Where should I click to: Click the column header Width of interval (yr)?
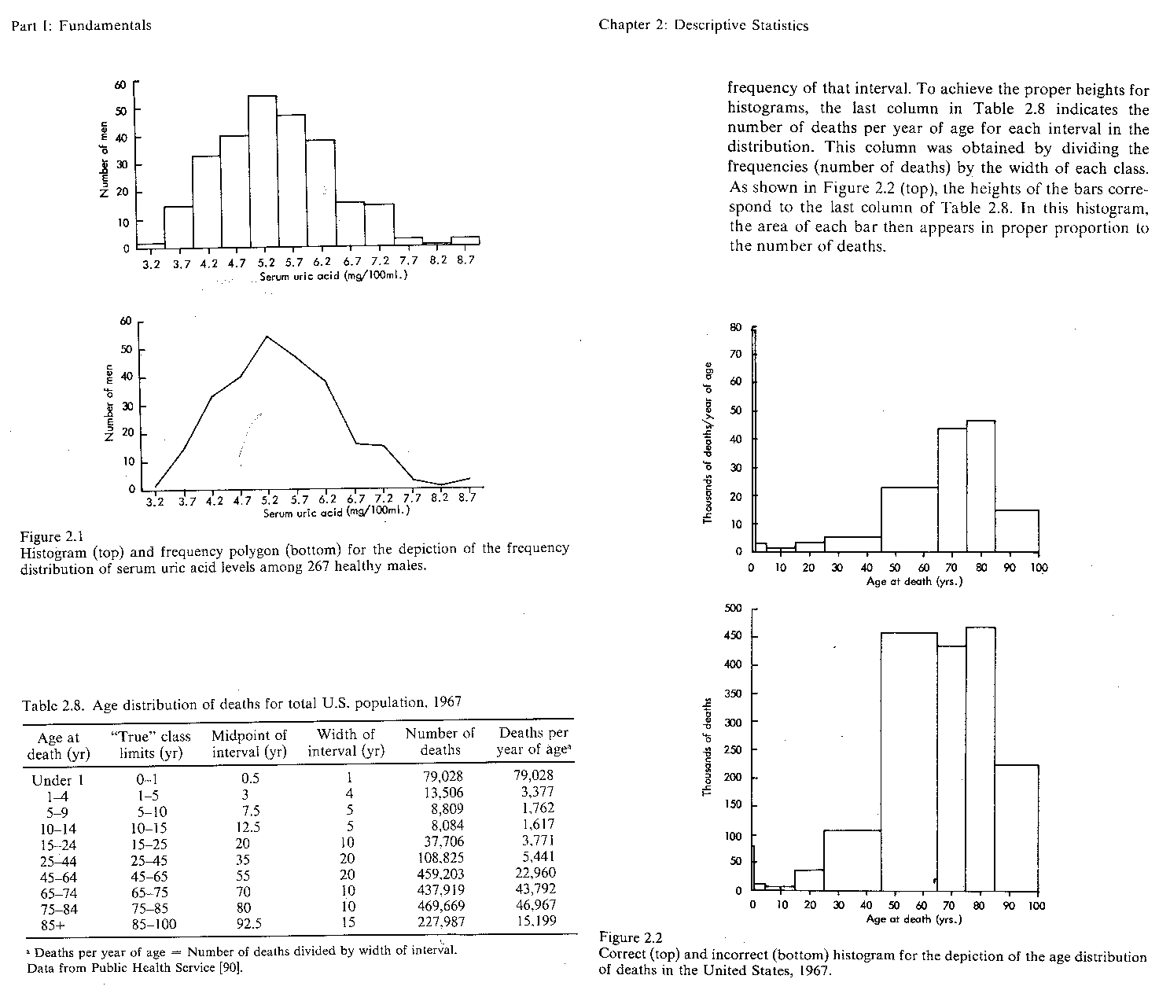[x=346, y=742]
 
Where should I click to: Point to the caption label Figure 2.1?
[x=51, y=537]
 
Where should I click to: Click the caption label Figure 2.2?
[x=631, y=937]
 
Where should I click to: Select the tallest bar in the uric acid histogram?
[x=262, y=171]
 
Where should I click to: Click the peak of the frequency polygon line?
[x=267, y=337]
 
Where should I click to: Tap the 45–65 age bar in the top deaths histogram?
[x=909, y=519]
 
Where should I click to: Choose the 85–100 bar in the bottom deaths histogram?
[x=1016, y=827]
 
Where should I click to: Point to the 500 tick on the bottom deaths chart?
[x=732, y=609]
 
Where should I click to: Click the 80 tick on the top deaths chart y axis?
[x=735, y=327]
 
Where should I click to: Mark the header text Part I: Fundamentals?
[x=81, y=25]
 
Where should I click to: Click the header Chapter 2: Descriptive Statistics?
[x=703, y=25]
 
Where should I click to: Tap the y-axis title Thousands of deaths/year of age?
[x=708, y=443]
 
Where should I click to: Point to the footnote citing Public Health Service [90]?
[x=134, y=968]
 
